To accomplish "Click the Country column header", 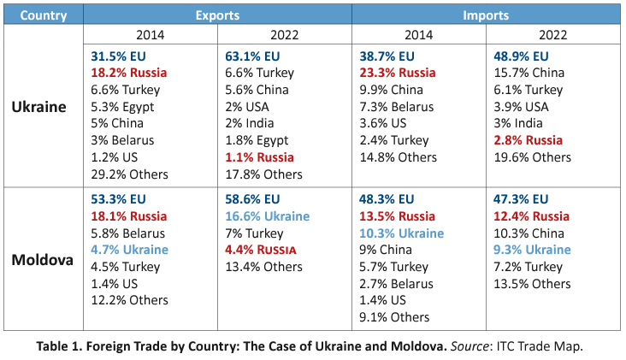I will tap(44, 15).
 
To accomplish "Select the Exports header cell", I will tap(217, 15).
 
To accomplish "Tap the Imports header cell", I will tap(486, 15).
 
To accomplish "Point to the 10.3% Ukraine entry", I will tap(402, 233).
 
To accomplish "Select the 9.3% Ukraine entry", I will tap(532, 250).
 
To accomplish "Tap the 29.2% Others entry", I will tap(130, 174).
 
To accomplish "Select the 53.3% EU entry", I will tap(120, 199).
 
